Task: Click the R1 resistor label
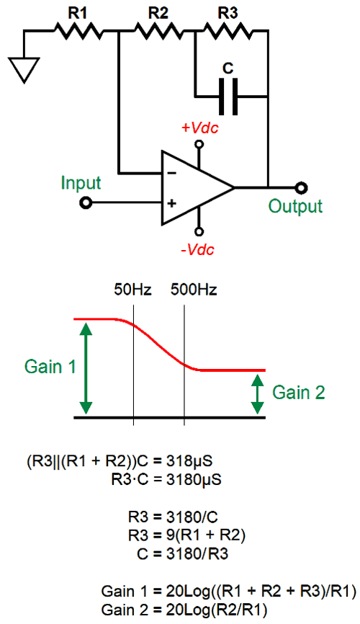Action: click(78, 13)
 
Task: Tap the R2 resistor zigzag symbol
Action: click(158, 31)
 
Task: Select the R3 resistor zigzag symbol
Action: click(227, 31)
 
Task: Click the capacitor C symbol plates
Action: click(228, 97)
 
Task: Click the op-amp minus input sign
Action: click(171, 173)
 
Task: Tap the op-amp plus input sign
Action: click(171, 204)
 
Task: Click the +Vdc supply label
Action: click(200, 128)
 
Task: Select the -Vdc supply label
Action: click(198, 249)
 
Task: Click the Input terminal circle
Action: click(86, 203)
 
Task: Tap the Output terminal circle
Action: click(302, 187)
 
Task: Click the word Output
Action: click(294, 206)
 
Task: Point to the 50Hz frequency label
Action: click(133, 290)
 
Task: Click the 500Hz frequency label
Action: click(194, 290)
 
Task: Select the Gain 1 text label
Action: click(50, 367)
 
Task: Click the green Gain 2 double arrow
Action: click(258, 394)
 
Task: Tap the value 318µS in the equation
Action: click(189, 461)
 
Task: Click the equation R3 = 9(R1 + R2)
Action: click(186, 535)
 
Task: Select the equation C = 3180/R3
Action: click(183, 554)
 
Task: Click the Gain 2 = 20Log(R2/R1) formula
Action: click(184, 610)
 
